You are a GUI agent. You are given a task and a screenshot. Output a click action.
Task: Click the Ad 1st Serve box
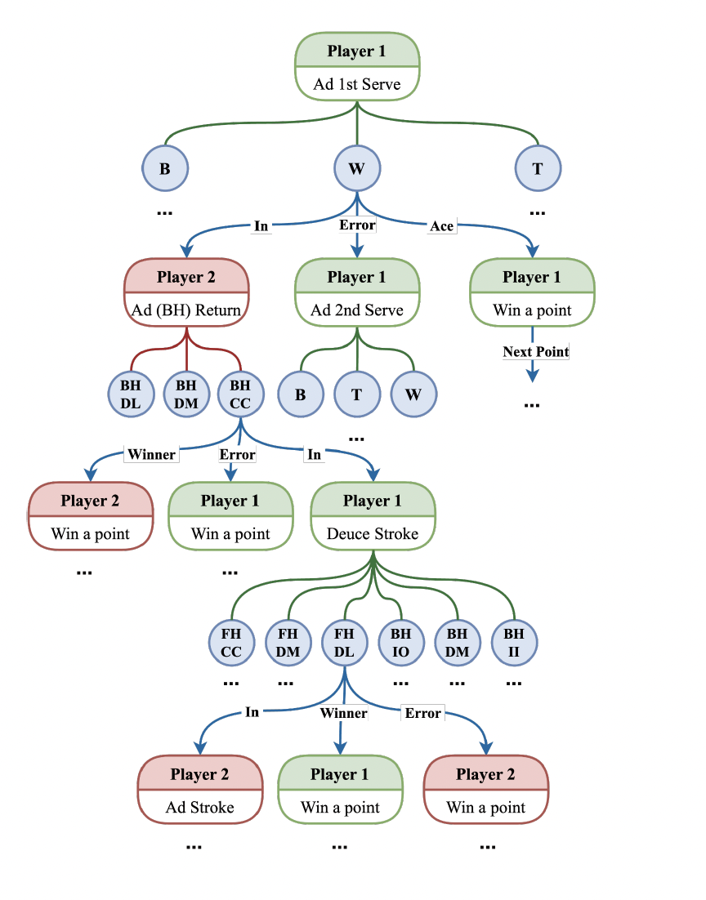click(357, 67)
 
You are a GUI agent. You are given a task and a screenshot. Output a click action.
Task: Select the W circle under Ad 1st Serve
click(357, 169)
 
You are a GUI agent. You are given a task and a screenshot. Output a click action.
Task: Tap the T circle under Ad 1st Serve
click(538, 169)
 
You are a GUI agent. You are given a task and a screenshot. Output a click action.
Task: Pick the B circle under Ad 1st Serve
click(165, 169)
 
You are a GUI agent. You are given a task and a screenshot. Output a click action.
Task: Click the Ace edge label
click(441, 226)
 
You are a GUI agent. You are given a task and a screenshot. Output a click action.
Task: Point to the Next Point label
click(535, 352)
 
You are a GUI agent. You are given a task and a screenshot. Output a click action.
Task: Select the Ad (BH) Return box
click(186, 293)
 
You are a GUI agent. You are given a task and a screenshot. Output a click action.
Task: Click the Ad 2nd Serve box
click(357, 293)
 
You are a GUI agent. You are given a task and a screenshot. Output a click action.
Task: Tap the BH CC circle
click(240, 394)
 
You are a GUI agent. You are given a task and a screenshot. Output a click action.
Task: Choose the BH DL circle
click(131, 394)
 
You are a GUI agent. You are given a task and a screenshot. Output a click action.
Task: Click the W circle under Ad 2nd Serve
click(413, 394)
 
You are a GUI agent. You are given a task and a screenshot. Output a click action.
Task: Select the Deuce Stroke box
click(373, 517)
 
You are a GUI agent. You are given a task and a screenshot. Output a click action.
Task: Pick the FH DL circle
click(344, 643)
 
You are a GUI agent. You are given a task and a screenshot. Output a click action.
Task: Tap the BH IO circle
click(400, 643)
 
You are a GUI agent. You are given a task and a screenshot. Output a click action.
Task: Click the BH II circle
click(514, 643)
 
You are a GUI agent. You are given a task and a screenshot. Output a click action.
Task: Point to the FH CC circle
click(231, 643)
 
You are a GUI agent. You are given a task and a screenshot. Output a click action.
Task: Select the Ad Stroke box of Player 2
click(200, 791)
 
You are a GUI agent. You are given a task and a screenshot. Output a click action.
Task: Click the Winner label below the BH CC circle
click(151, 454)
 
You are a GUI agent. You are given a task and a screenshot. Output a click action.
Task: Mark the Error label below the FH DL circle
click(422, 713)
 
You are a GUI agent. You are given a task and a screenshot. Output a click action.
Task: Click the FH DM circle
click(288, 643)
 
